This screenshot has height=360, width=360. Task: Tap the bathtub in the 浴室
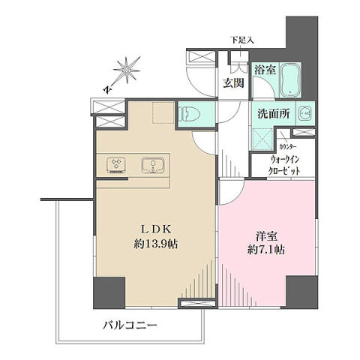coord(290,79)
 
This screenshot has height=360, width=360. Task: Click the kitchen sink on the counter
coord(153,165)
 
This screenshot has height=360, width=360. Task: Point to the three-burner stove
coord(116,165)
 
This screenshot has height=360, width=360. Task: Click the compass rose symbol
coord(126,70)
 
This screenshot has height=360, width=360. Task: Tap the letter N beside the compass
coord(108,89)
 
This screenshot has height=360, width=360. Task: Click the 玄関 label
coord(233,82)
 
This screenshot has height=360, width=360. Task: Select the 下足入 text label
coord(241,40)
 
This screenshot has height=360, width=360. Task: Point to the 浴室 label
coord(265,70)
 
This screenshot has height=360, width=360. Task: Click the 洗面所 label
coord(274,114)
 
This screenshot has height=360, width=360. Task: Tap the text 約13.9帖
coord(156,244)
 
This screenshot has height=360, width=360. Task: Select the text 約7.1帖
coord(266,249)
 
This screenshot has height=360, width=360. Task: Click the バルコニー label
coord(130,325)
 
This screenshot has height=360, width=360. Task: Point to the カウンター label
coord(288,147)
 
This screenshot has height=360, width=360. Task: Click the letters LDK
coord(156,229)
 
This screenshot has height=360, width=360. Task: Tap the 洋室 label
coord(266,236)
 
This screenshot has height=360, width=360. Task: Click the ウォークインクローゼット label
coord(284,165)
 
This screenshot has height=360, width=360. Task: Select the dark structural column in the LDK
coord(109,292)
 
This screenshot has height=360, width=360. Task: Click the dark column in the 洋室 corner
coord(302,292)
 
